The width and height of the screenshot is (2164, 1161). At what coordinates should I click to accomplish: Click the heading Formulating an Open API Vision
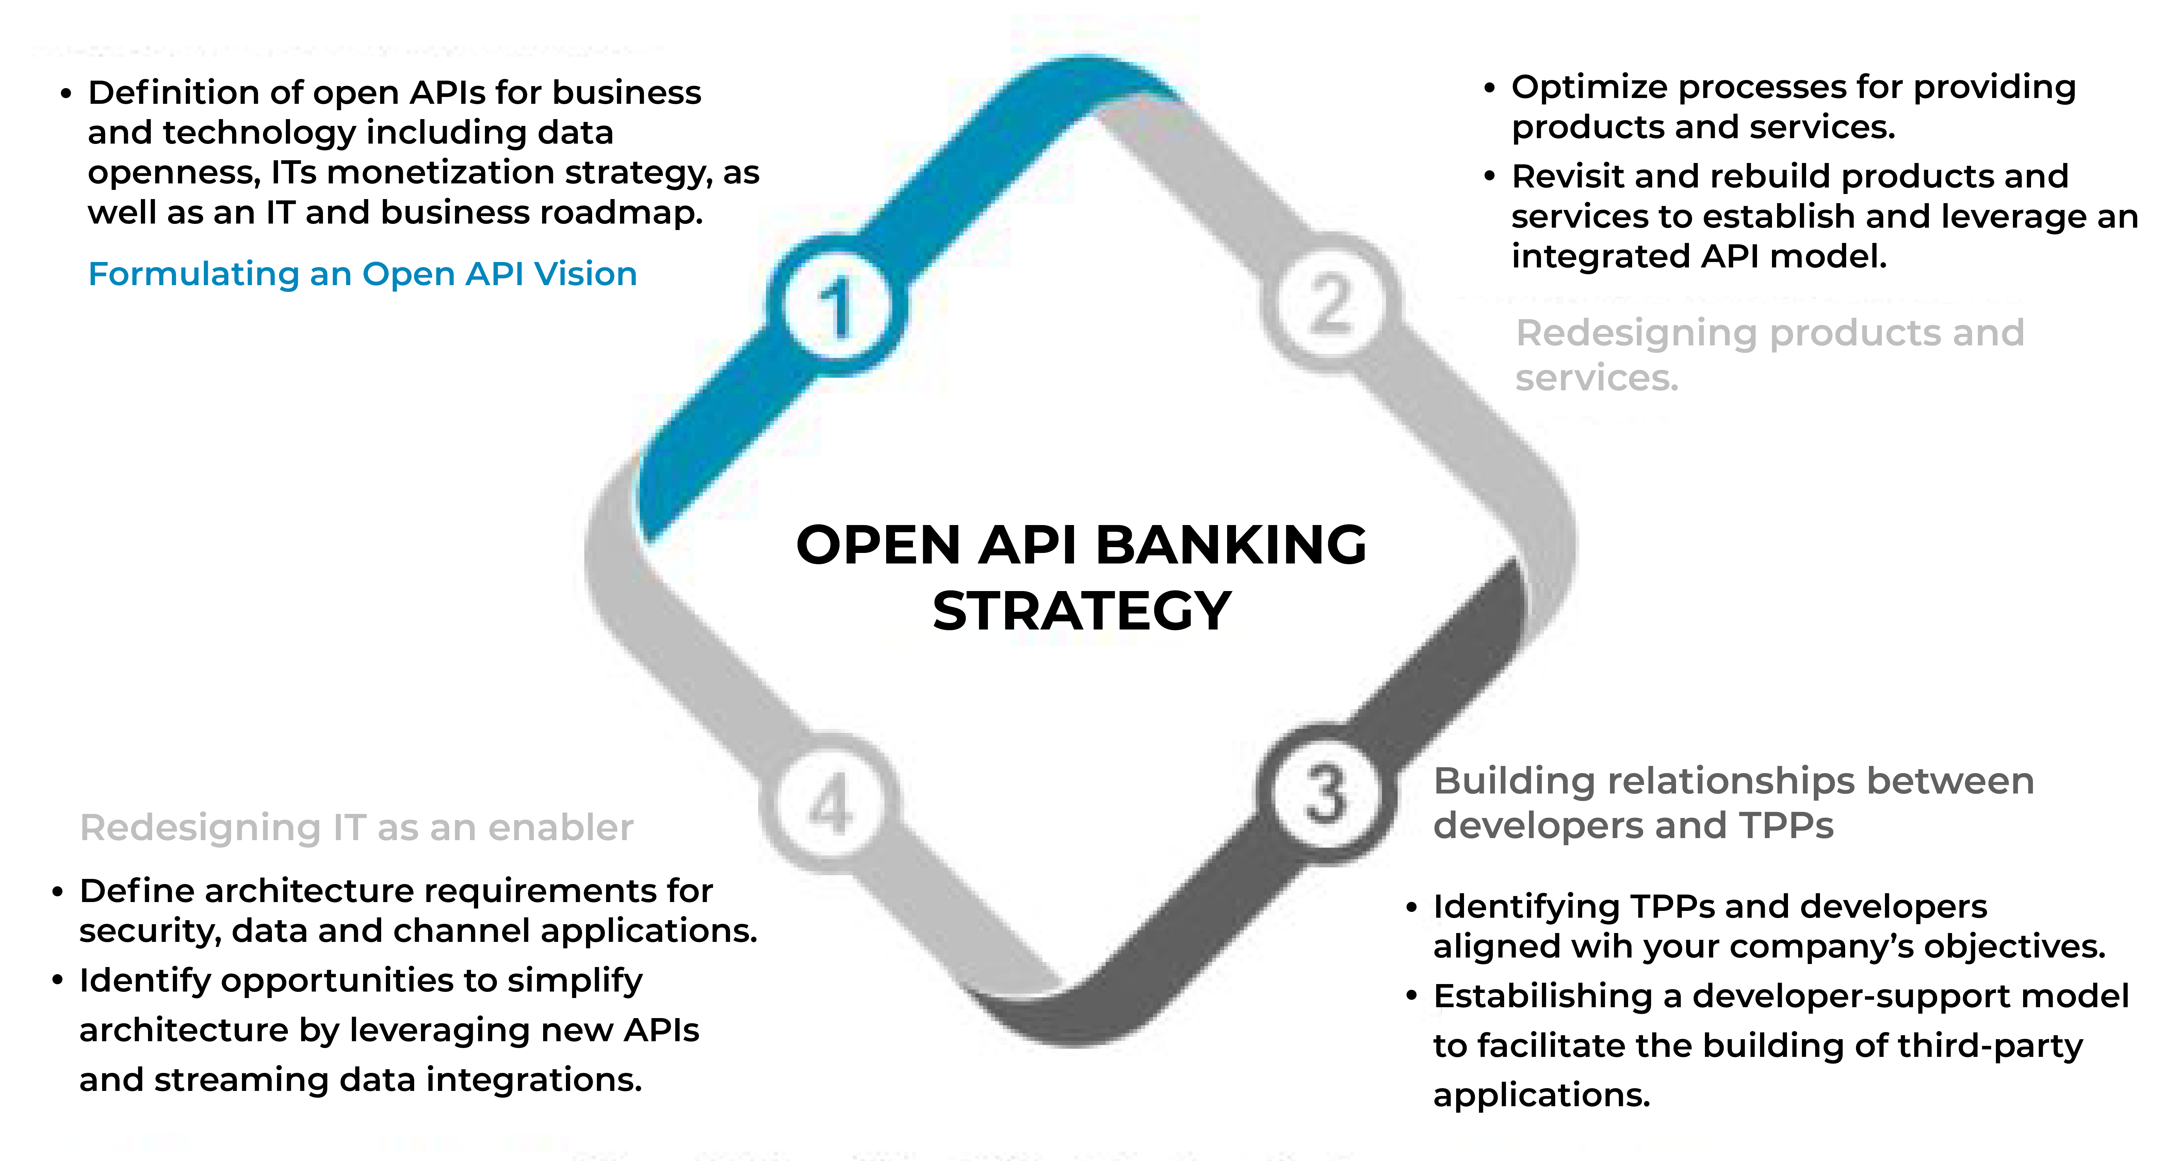click(x=362, y=274)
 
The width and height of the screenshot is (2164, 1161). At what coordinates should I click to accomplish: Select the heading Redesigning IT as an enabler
click(x=356, y=828)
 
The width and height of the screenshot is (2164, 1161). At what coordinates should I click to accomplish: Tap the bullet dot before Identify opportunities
click(x=57, y=980)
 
